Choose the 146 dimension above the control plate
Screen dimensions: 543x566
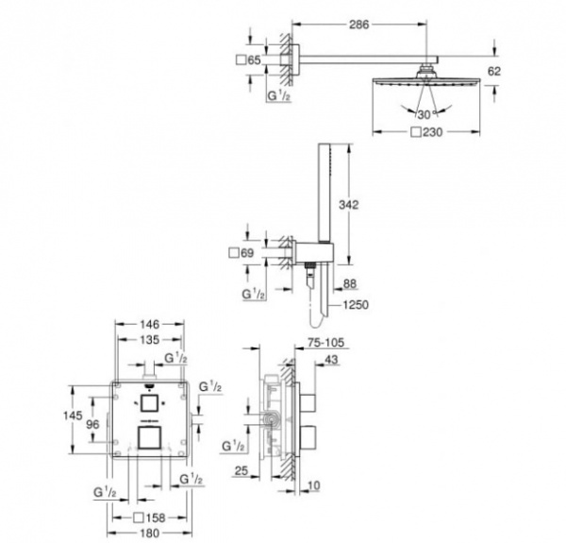click(x=151, y=324)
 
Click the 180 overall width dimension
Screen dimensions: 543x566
click(x=151, y=535)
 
